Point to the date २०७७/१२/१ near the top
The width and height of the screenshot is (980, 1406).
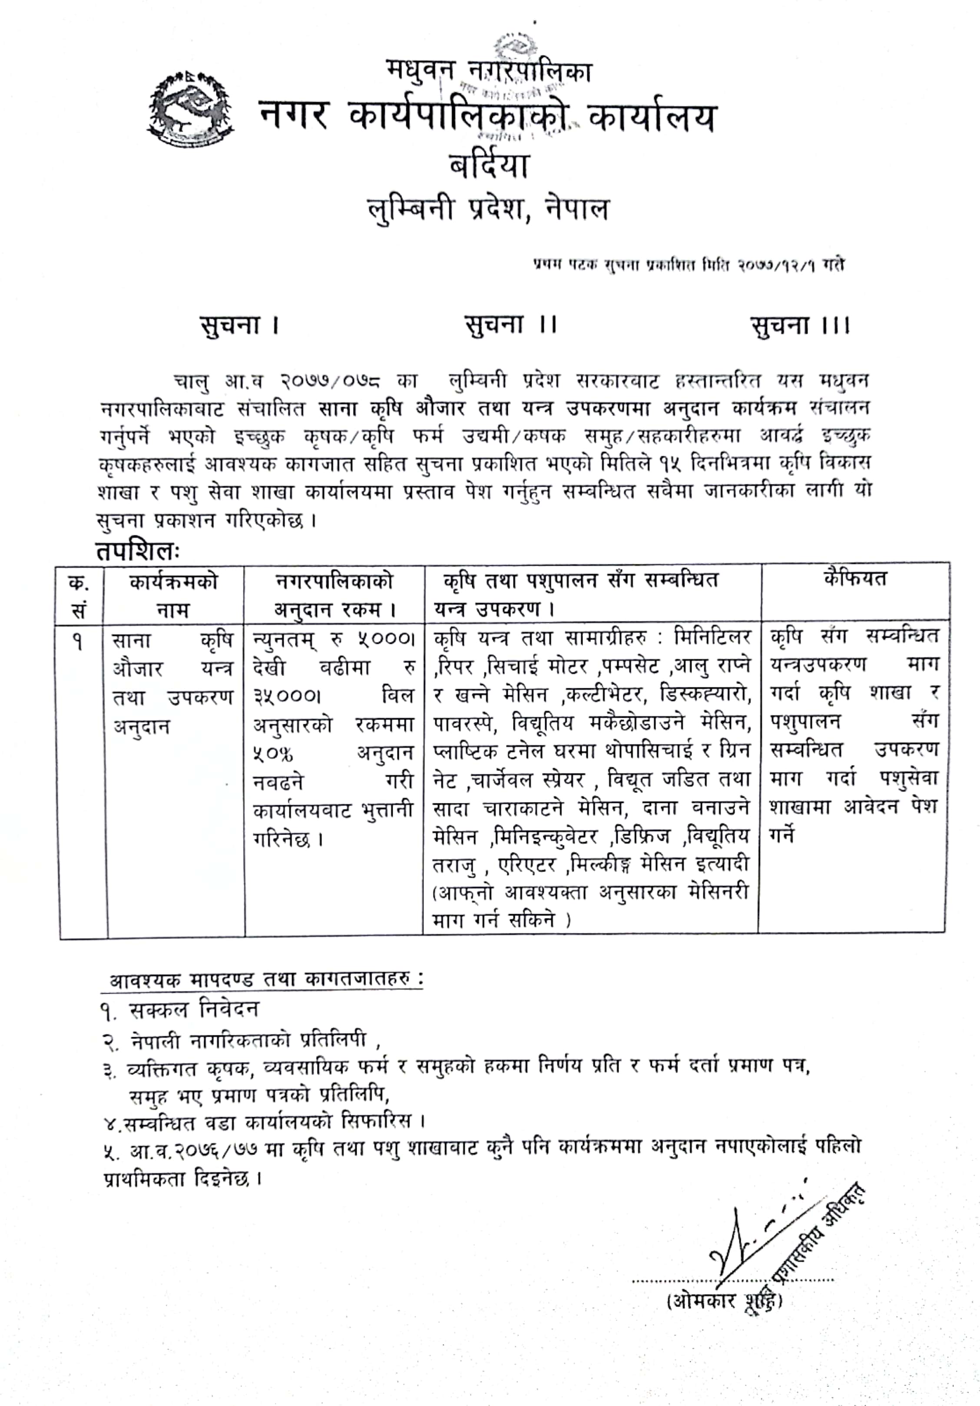click(x=778, y=266)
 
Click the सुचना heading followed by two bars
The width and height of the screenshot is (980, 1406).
click(x=510, y=324)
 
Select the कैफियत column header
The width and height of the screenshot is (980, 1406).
click(x=854, y=579)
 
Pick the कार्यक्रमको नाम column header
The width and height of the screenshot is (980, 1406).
click(x=173, y=594)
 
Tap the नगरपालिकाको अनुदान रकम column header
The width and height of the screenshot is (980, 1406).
click(x=334, y=594)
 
